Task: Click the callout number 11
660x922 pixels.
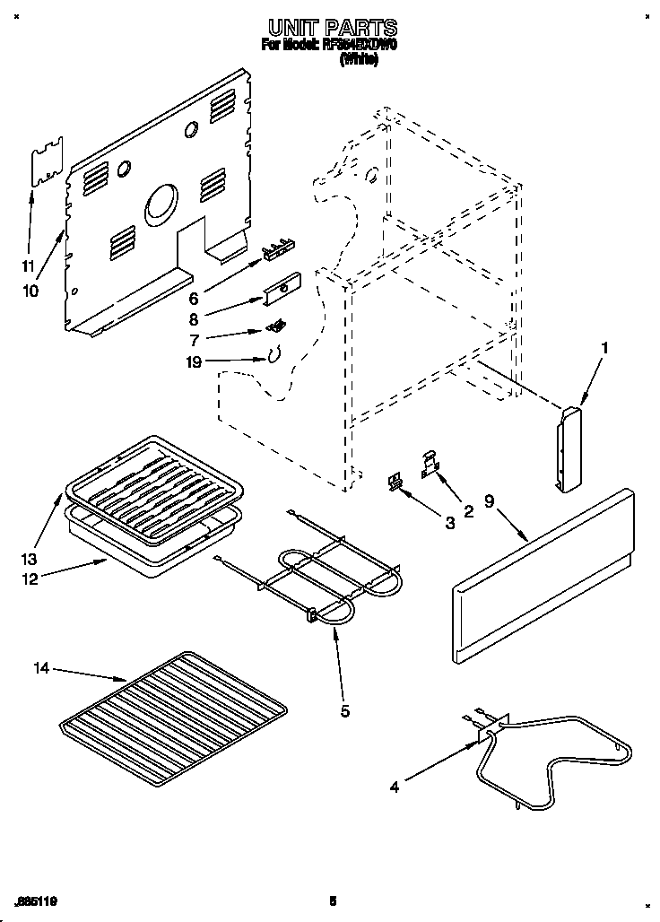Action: (x=28, y=266)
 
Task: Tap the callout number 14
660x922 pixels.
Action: (x=42, y=668)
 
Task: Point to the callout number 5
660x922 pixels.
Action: (x=344, y=711)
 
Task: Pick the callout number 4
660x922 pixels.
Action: (x=394, y=787)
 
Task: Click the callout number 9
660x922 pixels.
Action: (x=490, y=504)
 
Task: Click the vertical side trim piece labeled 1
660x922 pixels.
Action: (x=569, y=448)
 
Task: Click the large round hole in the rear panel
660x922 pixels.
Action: (x=161, y=202)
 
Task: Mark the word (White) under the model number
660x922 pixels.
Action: (x=358, y=59)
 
